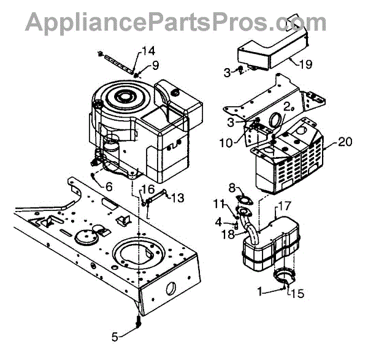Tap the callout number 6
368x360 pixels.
(x=109, y=186)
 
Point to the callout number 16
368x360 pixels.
(x=148, y=188)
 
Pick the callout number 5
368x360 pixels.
(x=114, y=335)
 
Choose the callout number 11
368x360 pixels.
(x=220, y=202)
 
